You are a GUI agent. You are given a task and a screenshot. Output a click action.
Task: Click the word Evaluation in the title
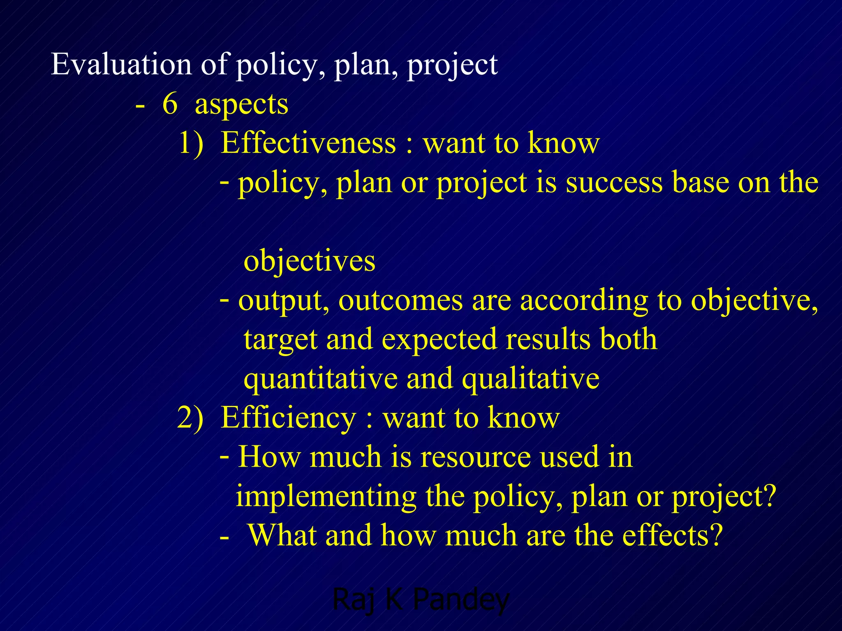[121, 64]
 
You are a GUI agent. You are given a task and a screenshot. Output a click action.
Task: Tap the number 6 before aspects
[170, 104]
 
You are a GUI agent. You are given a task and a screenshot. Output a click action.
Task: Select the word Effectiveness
[308, 143]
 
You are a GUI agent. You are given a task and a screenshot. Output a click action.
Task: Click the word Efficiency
[288, 418]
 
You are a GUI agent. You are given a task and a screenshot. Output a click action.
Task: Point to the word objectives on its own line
[309, 261]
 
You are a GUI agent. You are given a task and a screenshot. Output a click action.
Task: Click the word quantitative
[320, 379]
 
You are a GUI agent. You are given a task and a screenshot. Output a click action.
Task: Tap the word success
[614, 182]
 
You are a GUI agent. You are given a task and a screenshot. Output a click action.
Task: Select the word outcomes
[400, 301]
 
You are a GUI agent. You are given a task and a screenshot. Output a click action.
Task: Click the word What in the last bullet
[282, 536]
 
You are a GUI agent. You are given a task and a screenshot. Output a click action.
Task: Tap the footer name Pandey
[460, 600]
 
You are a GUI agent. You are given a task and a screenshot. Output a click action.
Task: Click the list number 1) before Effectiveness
[191, 144]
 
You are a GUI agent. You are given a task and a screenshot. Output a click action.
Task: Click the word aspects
[241, 104]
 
